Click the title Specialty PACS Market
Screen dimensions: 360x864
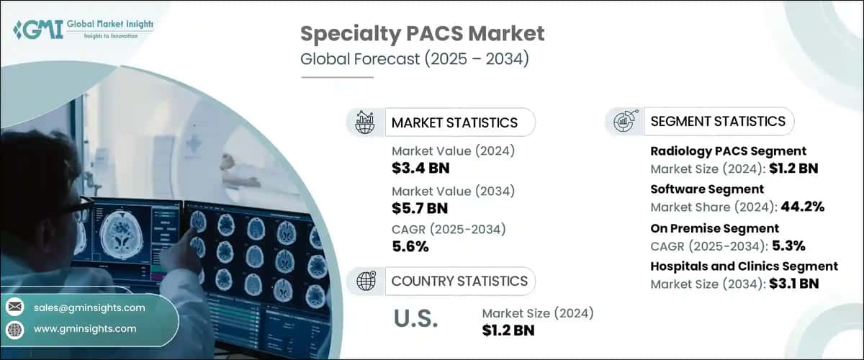422,33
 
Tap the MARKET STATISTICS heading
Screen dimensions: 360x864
454,122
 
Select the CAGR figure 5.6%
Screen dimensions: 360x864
410,247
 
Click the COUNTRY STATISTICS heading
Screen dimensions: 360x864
459,281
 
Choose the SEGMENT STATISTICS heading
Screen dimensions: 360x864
718,121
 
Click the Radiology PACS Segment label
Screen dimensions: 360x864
728,151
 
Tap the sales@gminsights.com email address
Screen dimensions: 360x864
89,307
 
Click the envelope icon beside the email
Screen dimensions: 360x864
15,307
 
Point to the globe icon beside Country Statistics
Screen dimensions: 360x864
366,281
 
